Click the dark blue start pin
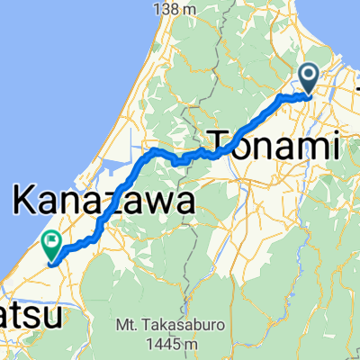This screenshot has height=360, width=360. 308,79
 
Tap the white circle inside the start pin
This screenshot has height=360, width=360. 308,76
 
